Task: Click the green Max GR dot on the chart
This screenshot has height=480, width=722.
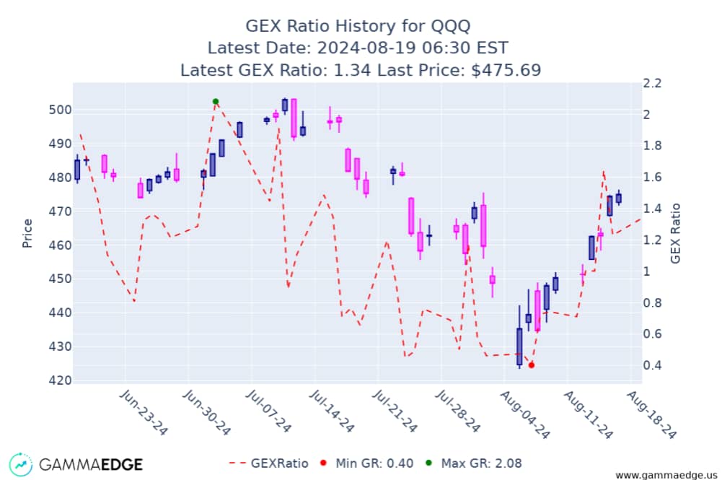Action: tap(216, 102)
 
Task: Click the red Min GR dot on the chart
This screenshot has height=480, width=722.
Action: tap(532, 365)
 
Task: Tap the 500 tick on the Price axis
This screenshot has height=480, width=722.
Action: tap(59, 110)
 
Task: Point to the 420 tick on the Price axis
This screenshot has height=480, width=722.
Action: tap(59, 380)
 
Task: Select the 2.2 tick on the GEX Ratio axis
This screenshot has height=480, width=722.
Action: tap(652, 83)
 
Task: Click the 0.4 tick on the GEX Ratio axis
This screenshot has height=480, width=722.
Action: tap(652, 365)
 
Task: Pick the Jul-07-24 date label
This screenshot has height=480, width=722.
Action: tap(268, 412)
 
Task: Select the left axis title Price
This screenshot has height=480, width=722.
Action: tap(28, 233)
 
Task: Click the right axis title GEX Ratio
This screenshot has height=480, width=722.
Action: tap(676, 232)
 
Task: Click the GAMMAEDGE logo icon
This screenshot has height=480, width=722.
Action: tap(21, 464)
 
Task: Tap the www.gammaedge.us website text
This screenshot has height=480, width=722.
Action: tap(665, 474)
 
